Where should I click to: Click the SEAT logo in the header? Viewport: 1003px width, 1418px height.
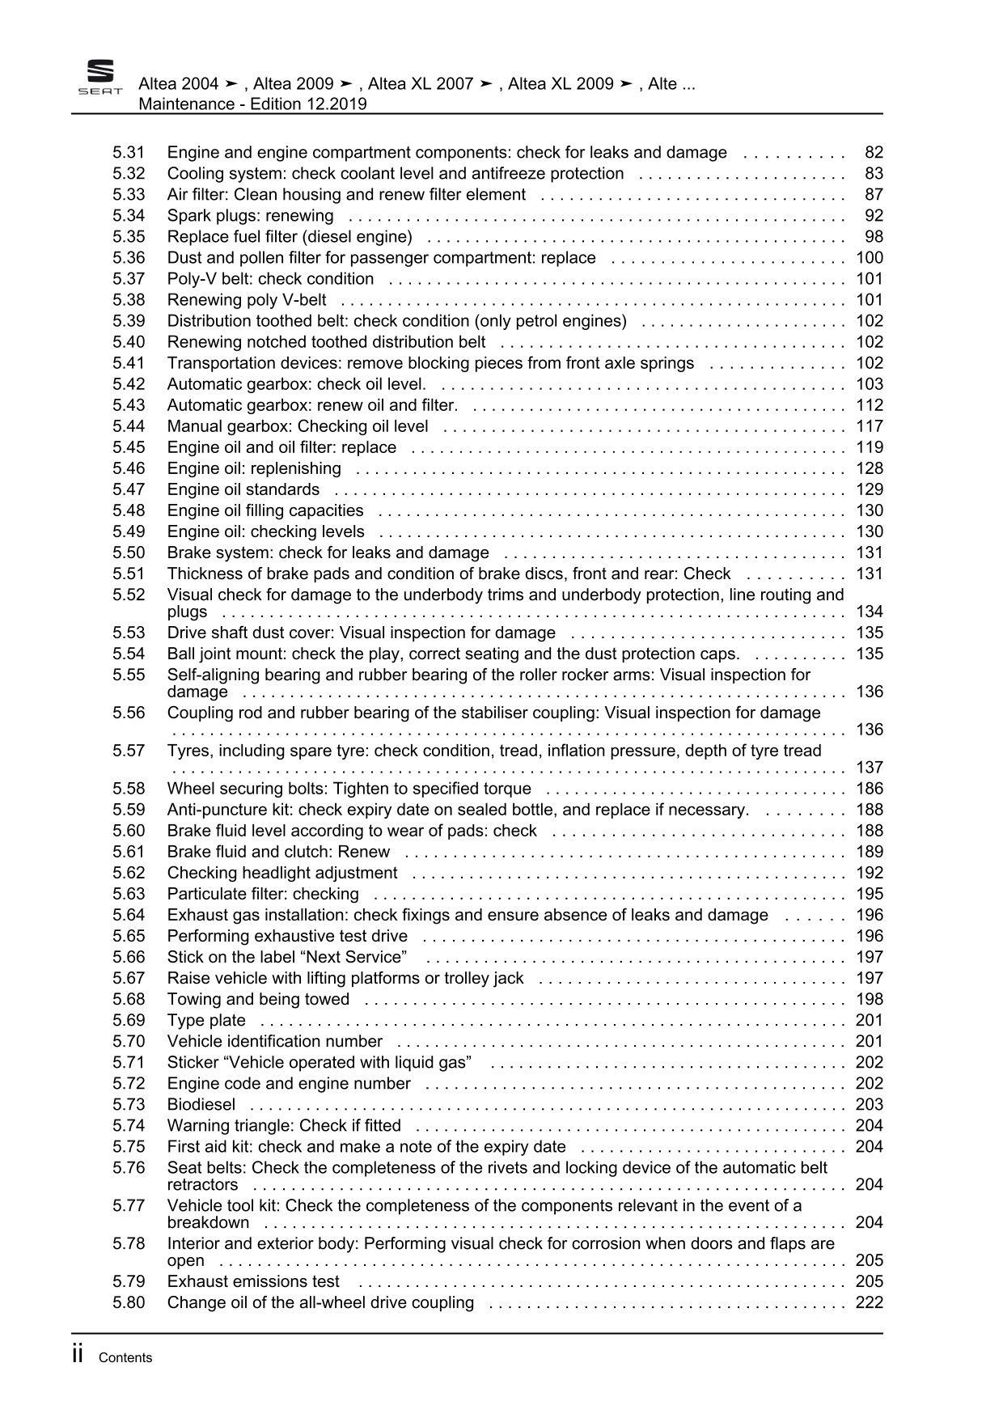100,78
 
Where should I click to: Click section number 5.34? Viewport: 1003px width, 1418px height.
129,216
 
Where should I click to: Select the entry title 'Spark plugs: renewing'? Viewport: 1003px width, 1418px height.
250,216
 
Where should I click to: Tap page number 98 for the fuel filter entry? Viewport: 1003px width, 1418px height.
874,237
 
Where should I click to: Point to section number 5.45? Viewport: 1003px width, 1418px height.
129,447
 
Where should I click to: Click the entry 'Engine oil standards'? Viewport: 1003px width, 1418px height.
243,489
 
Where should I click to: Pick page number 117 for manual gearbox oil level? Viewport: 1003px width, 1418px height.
870,426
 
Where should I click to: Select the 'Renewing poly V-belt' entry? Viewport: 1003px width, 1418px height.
247,300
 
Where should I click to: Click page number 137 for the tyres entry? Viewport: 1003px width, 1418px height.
870,767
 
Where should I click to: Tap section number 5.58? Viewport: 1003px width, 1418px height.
129,789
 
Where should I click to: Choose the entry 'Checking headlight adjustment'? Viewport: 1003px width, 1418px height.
281,873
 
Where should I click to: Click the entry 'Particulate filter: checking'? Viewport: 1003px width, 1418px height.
263,894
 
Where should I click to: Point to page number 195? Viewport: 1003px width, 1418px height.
870,894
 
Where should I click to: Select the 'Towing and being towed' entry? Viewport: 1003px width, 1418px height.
258,999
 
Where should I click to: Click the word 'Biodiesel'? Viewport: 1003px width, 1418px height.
201,1104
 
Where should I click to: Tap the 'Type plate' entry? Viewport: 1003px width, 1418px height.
206,1020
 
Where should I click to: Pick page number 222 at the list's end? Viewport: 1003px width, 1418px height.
870,1302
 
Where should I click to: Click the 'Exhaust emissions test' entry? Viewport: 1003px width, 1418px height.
253,1281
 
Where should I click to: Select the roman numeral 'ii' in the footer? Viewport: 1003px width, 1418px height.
78,1356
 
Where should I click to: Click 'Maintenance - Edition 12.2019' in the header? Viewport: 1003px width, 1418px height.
252,104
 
